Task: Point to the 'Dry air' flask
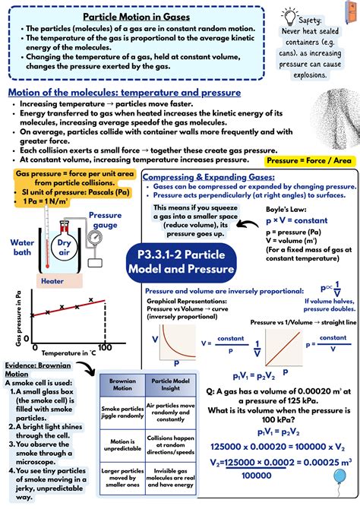coord(65,247)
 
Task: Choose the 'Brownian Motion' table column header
coord(121,383)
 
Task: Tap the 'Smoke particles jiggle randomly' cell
coord(121,412)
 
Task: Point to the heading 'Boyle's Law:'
coord(285,209)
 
